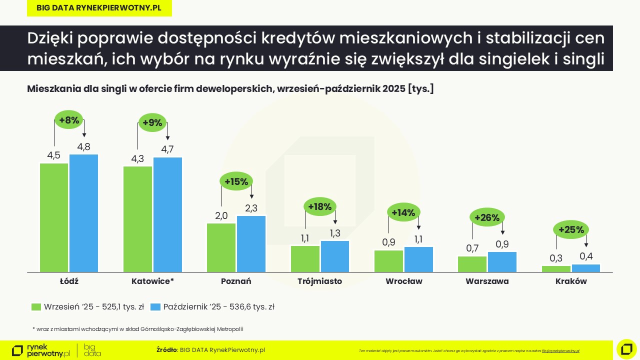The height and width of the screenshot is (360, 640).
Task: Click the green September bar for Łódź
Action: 54,217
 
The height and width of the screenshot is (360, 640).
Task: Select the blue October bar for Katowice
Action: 167,215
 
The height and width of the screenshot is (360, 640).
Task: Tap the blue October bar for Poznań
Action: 251,244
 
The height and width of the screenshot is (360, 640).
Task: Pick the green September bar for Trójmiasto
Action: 305,259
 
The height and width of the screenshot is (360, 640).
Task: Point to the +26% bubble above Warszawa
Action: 487,217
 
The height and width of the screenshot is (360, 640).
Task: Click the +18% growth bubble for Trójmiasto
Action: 320,206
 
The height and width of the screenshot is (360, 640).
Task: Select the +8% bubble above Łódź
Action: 69,120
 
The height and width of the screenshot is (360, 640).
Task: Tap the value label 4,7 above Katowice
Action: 167,149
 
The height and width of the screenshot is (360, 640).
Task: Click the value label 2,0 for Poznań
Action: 221,216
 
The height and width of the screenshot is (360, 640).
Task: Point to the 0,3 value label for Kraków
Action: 556,258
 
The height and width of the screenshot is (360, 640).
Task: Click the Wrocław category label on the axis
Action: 403,281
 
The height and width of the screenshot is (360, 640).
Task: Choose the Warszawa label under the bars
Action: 487,281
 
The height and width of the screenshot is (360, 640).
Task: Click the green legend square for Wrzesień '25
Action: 36,307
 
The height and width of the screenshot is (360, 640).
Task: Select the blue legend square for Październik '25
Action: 155,307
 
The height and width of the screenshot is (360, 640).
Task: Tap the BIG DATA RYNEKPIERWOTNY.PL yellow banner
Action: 99,8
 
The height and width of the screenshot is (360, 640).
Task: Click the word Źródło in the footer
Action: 166,350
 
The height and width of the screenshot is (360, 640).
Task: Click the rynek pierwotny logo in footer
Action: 41,350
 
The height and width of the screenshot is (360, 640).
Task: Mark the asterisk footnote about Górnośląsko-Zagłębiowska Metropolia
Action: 137,329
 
